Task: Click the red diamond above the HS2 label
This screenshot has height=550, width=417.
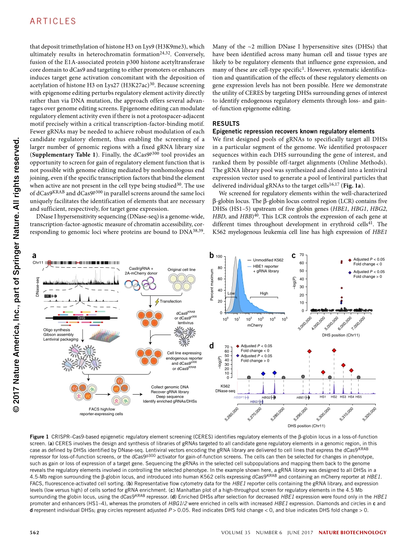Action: (x=334, y=350)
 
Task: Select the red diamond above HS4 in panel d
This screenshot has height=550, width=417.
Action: (x=351, y=370)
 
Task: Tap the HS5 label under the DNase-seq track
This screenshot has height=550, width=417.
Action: (x=359, y=397)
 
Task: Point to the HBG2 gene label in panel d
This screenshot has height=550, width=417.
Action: (x=266, y=397)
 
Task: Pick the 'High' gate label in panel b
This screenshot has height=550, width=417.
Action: (x=264, y=293)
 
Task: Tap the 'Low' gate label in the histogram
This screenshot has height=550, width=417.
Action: (x=231, y=293)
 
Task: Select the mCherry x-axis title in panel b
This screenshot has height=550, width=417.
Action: (x=255, y=325)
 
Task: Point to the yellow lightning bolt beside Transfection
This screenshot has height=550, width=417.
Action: (x=157, y=301)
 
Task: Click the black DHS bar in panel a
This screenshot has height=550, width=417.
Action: (x=81, y=317)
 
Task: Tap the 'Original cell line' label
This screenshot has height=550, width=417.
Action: (x=181, y=269)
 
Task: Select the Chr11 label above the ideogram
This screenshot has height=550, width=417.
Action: (x=39, y=262)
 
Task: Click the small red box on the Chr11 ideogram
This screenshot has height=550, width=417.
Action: (x=50, y=263)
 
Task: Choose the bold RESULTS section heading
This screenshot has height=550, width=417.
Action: (x=224, y=124)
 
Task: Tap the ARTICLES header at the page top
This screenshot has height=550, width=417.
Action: (x=53, y=21)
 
